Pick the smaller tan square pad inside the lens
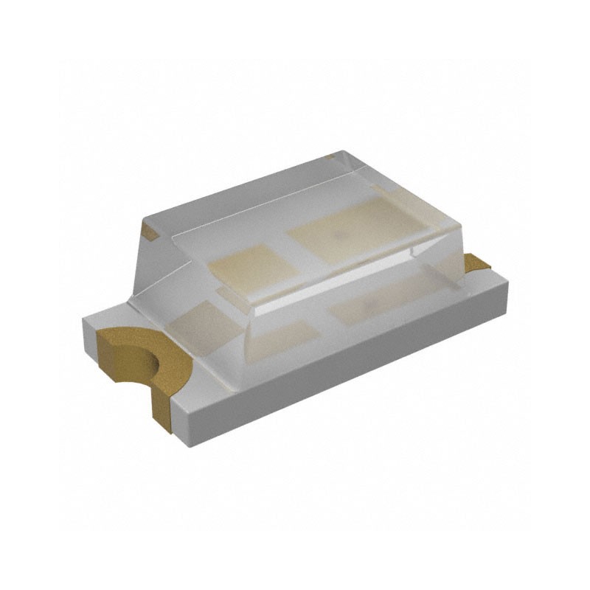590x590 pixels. point(247,267)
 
